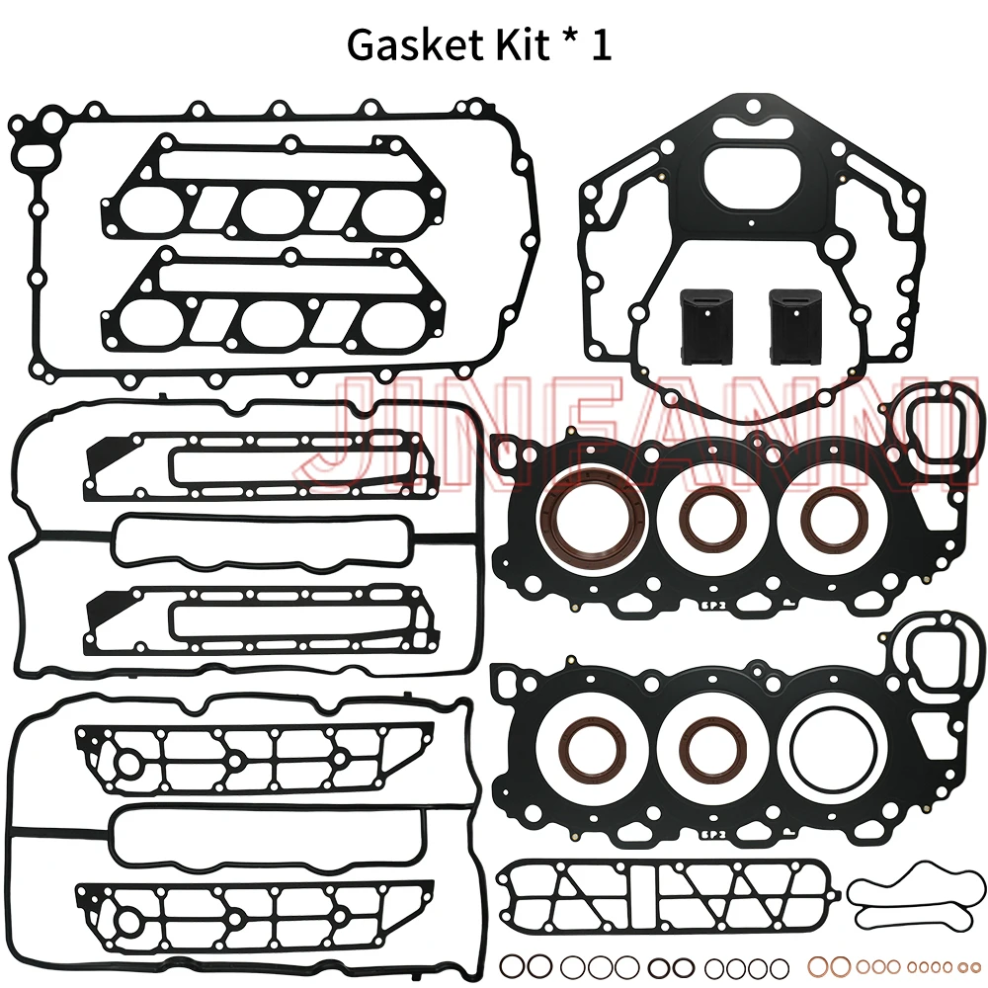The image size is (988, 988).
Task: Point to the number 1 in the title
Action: (600, 45)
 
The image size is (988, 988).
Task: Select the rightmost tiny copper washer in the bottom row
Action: (975, 965)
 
